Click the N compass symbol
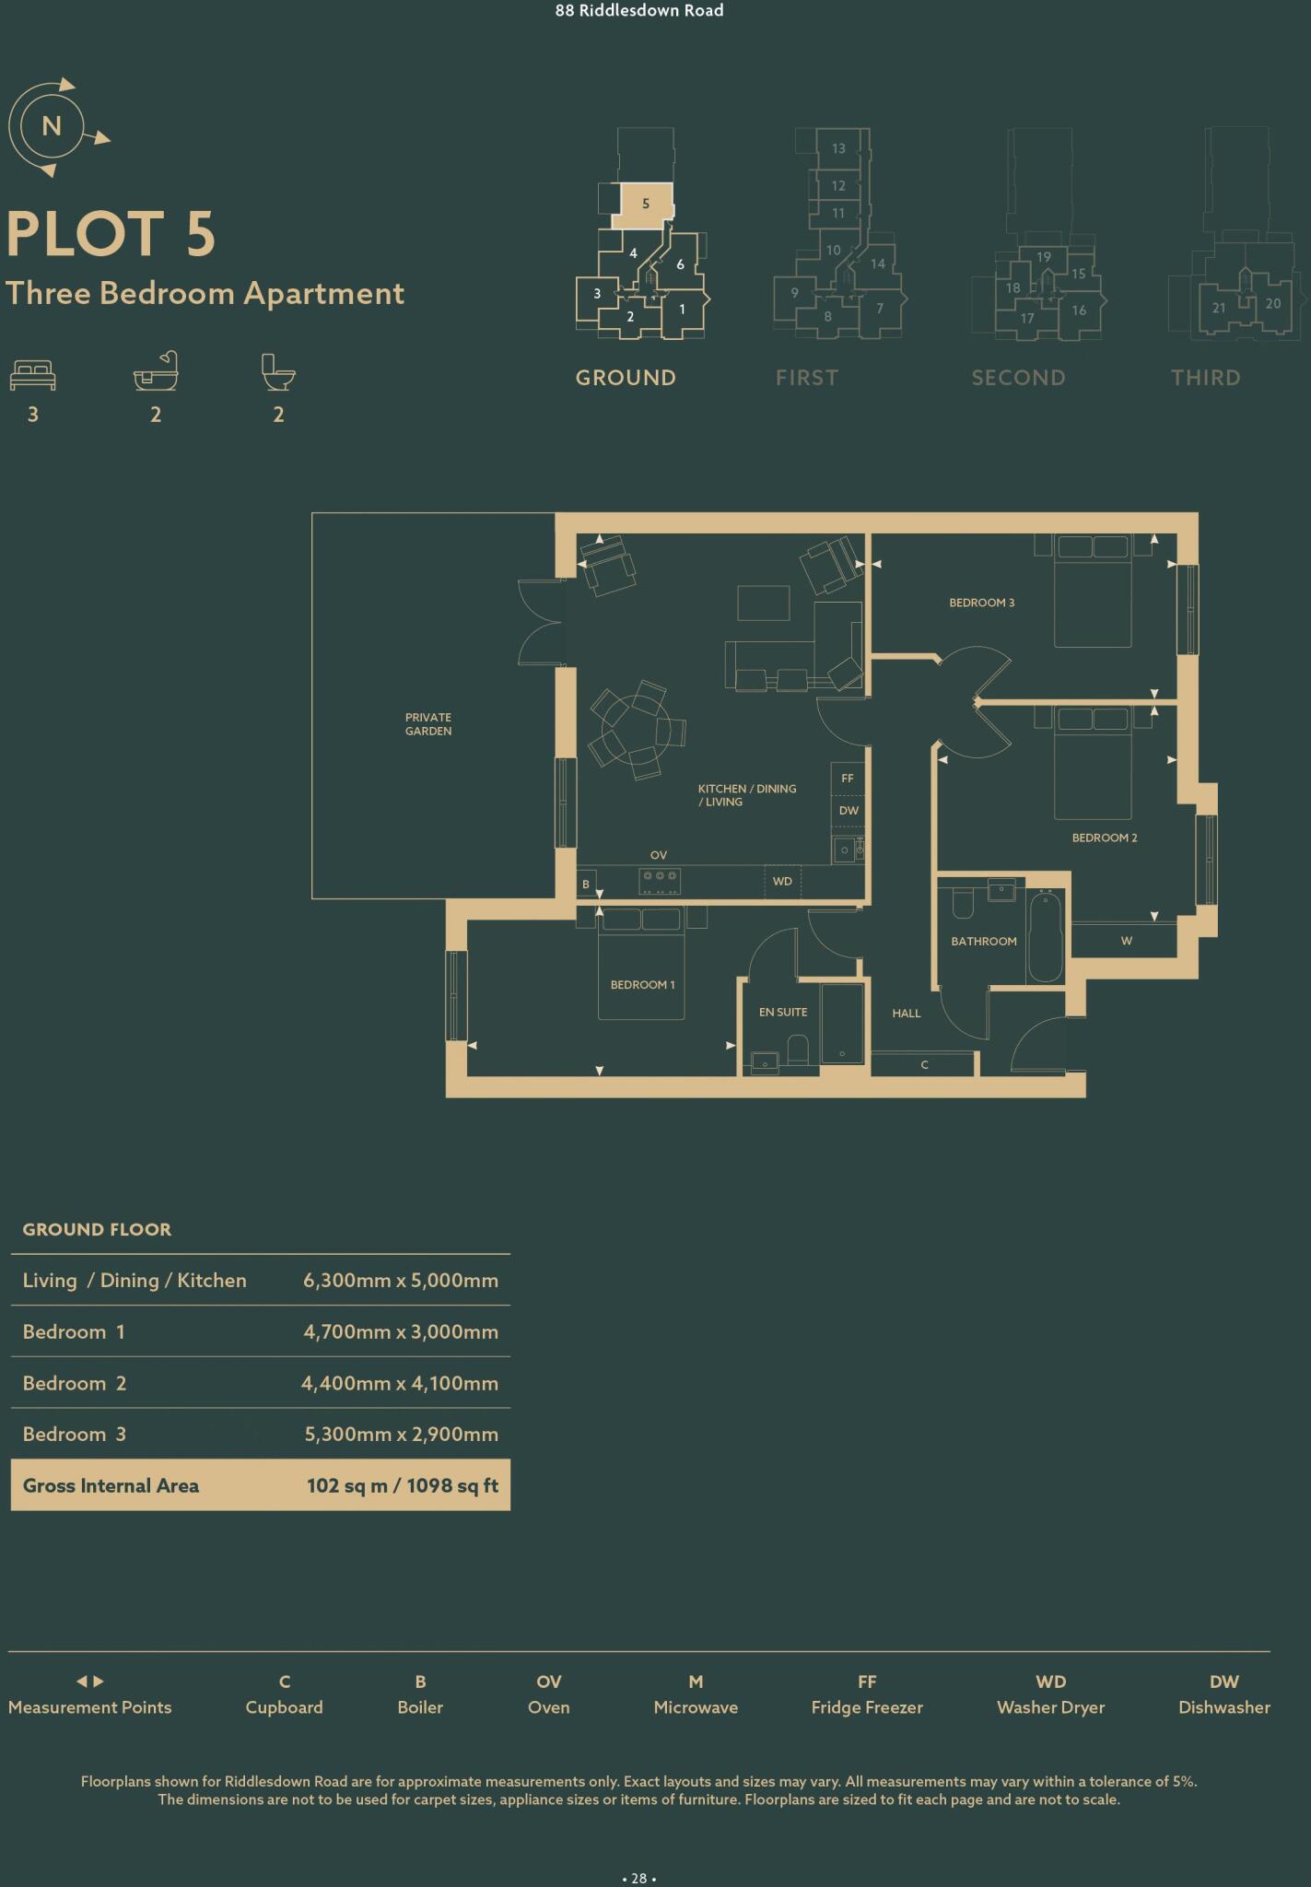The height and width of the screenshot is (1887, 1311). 51,125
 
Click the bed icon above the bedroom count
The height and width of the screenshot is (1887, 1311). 32,375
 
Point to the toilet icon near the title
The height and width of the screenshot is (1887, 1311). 277,372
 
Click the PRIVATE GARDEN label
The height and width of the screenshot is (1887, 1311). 428,723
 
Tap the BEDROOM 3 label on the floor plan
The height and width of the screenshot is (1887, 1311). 981,603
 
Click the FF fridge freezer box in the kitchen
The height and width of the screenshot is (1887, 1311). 847,779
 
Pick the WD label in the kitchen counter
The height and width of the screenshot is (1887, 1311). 782,882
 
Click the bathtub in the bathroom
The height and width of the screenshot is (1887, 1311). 1045,935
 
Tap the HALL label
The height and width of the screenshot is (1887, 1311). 906,1014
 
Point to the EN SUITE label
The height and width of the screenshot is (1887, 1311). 782,1012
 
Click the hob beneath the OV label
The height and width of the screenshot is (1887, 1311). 660,881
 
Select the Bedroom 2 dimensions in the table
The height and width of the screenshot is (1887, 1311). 399,1383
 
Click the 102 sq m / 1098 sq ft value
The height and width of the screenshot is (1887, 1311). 402,1485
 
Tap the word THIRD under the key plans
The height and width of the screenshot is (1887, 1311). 1205,378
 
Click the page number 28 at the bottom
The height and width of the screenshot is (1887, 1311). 639,1878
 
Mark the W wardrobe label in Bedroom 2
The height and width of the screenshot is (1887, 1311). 1126,941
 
